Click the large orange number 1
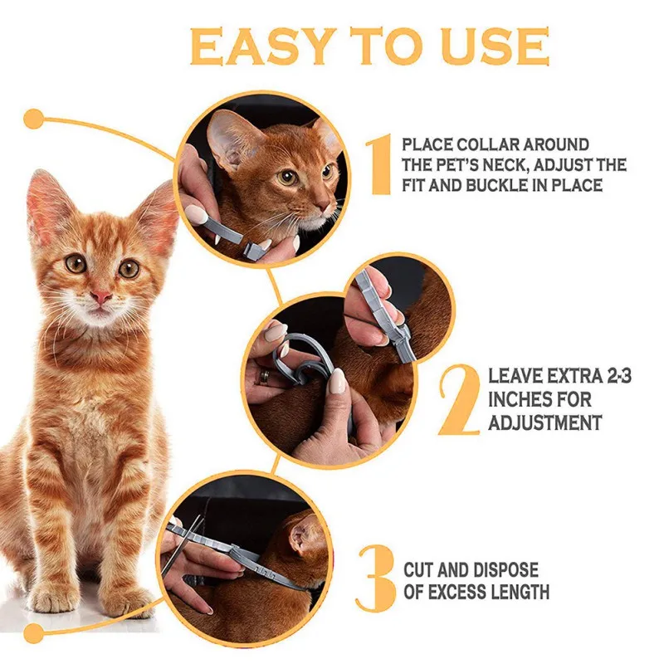pyautogui.click(x=379, y=164)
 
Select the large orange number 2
pyautogui.click(x=460, y=399)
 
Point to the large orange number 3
pyautogui.click(x=377, y=579)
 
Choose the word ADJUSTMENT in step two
pyautogui.click(x=545, y=422)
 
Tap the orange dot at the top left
pyautogui.click(x=33, y=119)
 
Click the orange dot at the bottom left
pyautogui.click(x=33, y=634)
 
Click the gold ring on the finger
pyautogui.click(x=265, y=376)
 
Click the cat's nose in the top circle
pyautogui.click(x=325, y=206)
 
